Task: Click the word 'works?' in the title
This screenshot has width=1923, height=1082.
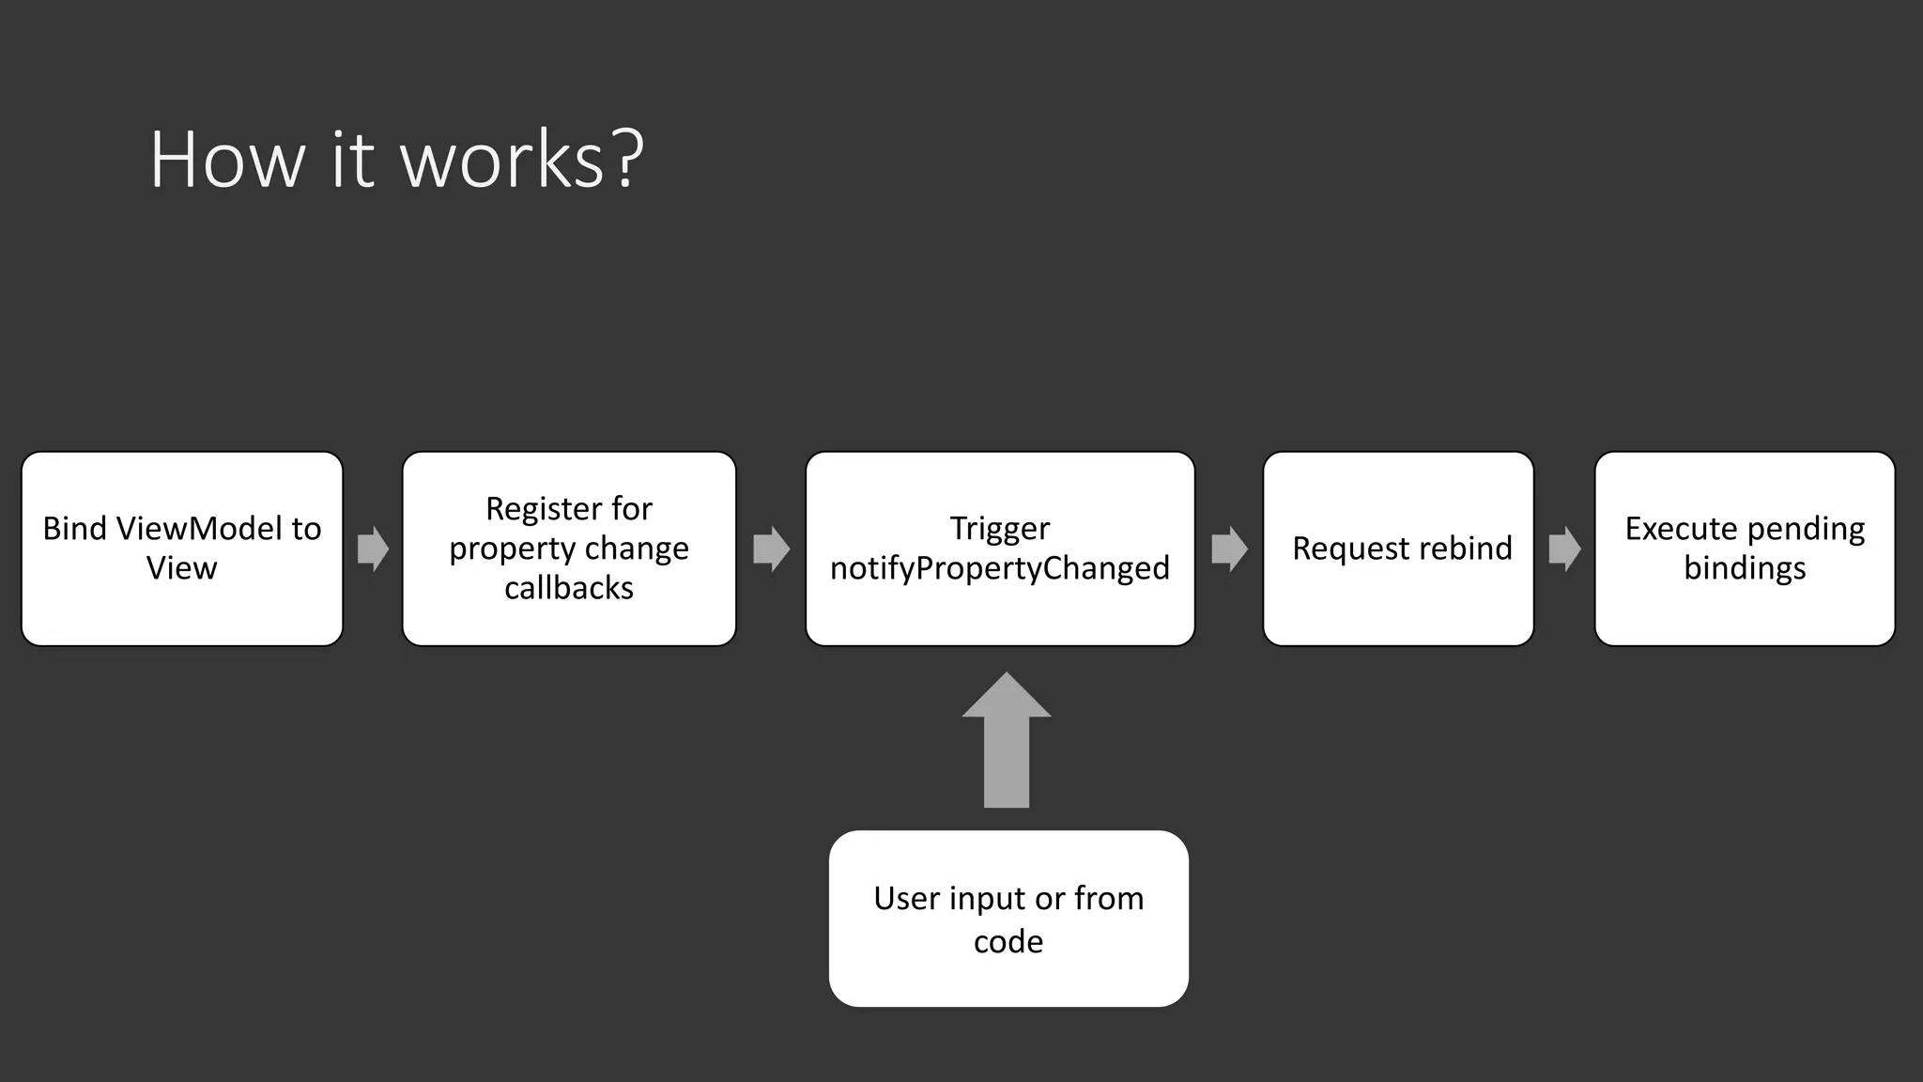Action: pos(522,160)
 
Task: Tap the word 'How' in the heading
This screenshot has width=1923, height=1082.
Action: pos(227,160)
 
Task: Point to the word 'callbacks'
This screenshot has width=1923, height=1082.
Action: pos(569,588)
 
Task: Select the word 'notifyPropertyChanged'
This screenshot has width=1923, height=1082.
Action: pos(1000,568)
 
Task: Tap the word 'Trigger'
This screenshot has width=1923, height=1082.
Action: pos(1000,529)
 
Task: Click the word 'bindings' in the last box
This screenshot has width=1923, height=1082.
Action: pos(1745,568)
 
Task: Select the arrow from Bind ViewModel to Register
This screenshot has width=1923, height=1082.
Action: pos(373,549)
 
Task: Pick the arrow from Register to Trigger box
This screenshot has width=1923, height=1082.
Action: pos(771,549)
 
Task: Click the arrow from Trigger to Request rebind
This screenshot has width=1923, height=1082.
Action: pos(1229,549)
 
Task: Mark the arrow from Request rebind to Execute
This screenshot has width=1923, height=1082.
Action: pos(1564,549)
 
